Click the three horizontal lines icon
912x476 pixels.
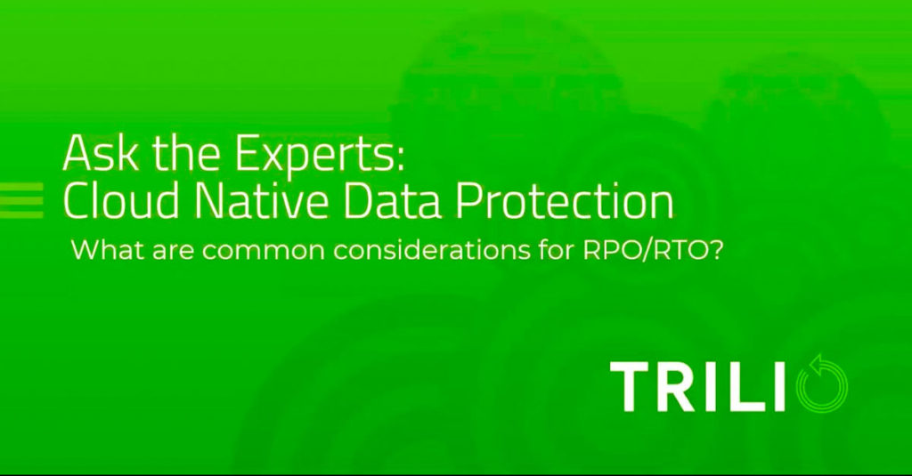pos(21,200)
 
